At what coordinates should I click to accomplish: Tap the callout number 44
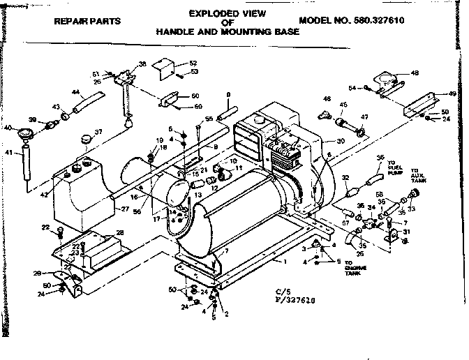click(75, 91)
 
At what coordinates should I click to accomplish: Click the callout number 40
click(8, 128)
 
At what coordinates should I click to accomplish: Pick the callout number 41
click(9, 153)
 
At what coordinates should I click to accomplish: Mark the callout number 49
click(452, 93)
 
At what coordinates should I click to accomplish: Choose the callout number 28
click(119, 232)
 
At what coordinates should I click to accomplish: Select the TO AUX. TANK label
click(419, 175)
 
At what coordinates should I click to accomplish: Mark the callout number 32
click(345, 179)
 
